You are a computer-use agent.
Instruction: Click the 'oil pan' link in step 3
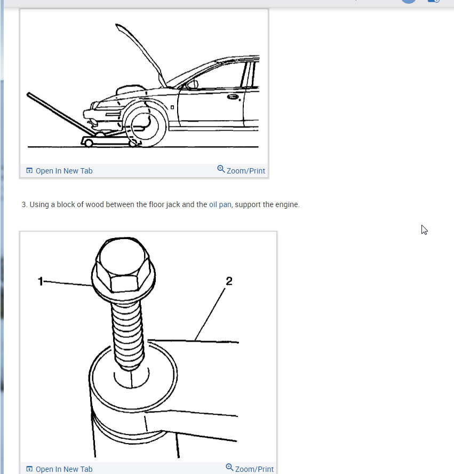pos(220,204)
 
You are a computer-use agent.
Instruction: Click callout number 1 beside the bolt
pos(41,281)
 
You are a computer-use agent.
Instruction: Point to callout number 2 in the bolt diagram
pos(229,281)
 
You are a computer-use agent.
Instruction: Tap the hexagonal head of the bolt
pos(123,266)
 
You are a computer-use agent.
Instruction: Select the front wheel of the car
pos(145,124)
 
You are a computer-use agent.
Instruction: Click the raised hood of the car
pos(140,54)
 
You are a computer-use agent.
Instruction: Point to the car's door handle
pos(233,97)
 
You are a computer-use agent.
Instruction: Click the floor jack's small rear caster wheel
pos(89,143)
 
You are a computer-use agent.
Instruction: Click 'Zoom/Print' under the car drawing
pos(245,171)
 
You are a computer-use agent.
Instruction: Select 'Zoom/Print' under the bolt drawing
pos(254,469)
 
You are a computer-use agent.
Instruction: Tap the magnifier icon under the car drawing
pos(221,169)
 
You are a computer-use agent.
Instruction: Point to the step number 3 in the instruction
pos(24,204)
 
